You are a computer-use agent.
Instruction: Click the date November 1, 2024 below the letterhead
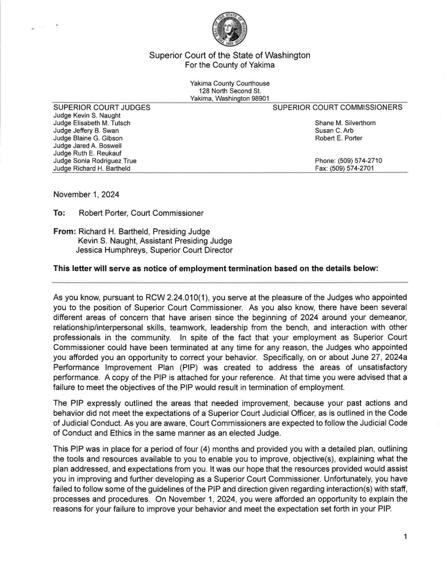coord(86,194)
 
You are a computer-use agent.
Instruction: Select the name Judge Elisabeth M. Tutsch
coord(92,123)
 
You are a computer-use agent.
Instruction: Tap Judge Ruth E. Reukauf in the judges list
coord(87,153)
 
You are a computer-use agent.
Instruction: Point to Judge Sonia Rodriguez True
coord(94,161)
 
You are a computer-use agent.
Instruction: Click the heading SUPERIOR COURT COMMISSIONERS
coord(337,108)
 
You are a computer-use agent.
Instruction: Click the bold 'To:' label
coord(58,213)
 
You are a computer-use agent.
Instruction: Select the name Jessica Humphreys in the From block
coord(105,250)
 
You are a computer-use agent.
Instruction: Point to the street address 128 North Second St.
coord(230,91)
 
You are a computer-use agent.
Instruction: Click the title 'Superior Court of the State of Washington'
coord(230,55)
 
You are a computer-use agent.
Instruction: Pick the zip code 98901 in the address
coord(260,98)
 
